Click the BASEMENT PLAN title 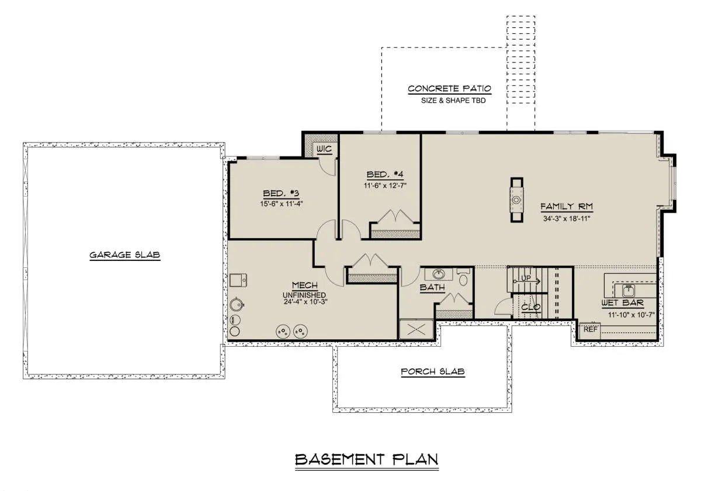point(366,459)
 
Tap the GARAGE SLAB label point(125,255)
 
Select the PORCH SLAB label point(433,371)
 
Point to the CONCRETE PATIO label point(449,89)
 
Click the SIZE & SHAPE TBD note point(453,100)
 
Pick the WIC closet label point(324,149)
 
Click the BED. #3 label point(281,193)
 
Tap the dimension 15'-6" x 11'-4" point(282,204)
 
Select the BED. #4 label point(385,174)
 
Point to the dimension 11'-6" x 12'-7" point(385,186)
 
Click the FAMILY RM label point(567,207)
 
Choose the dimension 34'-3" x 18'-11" point(567,218)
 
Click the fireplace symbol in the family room point(516,200)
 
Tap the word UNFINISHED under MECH point(304,295)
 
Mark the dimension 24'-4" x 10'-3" point(306,302)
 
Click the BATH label point(432,287)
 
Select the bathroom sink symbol point(439,274)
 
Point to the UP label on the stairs point(526,278)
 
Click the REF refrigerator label point(591,329)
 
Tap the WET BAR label point(623,303)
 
